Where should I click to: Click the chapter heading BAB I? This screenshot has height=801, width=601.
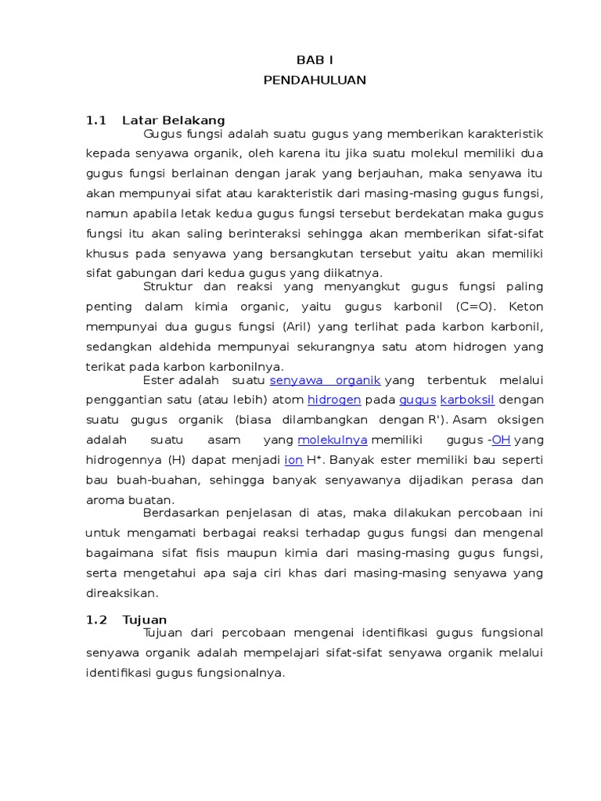click(315, 59)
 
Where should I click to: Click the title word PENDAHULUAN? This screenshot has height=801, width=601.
click(315, 80)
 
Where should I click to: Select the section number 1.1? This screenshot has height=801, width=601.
click(95, 120)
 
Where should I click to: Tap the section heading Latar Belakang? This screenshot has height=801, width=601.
click(174, 120)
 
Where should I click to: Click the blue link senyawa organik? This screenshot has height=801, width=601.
click(325, 380)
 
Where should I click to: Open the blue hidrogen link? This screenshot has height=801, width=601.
click(334, 400)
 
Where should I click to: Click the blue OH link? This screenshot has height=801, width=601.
click(502, 440)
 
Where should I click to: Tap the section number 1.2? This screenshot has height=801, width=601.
click(95, 620)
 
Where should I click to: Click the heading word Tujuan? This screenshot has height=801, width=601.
click(145, 620)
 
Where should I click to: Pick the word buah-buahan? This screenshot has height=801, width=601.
click(144, 480)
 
